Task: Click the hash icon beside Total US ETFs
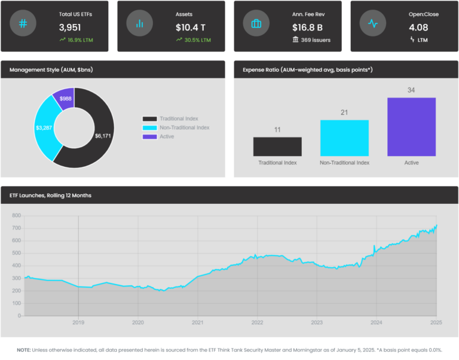[23, 24]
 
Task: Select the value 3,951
[71, 28]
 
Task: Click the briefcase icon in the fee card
[256, 24]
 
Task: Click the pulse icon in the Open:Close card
[372, 24]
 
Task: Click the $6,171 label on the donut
[103, 136]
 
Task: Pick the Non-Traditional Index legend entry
[184, 127]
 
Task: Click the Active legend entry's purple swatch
[149, 137]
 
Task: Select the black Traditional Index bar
[277, 147]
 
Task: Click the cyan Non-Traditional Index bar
[344, 138]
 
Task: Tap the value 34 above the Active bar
[411, 90]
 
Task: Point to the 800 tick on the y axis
[16, 216]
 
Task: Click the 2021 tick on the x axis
[198, 322]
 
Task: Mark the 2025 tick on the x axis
[436, 322]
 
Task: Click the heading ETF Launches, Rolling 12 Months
[50, 196]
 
